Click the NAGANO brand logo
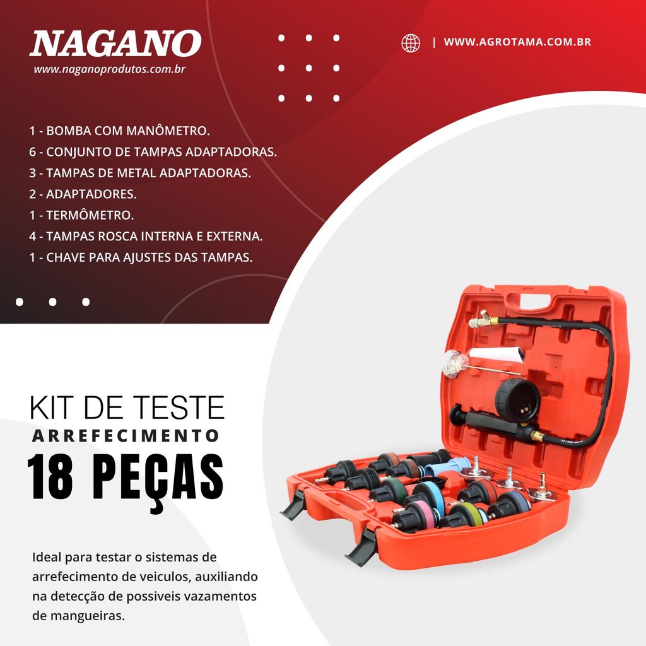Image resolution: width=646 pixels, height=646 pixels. point(115,44)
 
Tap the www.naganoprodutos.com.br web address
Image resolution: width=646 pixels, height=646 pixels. point(110,69)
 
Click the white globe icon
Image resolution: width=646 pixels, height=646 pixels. point(411,43)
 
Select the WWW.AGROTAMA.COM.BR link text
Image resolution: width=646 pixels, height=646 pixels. point(517,42)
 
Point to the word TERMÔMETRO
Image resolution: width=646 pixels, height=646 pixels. point(90,215)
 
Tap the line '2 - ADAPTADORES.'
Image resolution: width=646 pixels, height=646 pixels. point(83,194)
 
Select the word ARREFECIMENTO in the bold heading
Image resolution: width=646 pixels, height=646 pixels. point(126,436)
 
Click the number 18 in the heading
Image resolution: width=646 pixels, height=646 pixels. point(50,478)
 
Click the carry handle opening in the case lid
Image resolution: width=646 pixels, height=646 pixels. point(531,302)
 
